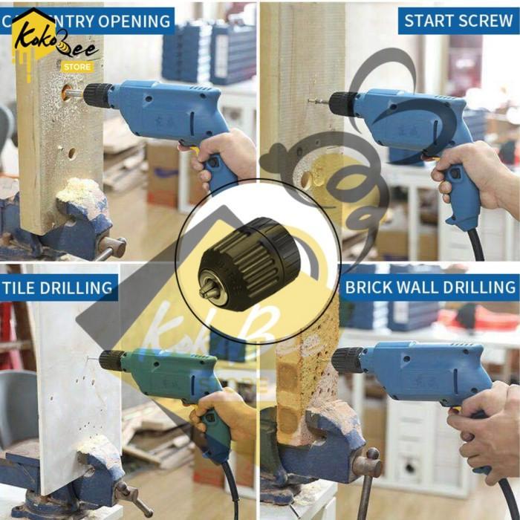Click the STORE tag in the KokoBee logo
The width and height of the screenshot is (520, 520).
[x=77, y=67]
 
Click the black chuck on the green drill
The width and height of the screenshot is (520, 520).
[x=112, y=360]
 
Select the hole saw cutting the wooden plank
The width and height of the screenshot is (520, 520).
[x=73, y=94]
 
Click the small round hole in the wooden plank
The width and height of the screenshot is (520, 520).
[x=72, y=153]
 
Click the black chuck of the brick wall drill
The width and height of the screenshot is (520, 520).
[x=347, y=360]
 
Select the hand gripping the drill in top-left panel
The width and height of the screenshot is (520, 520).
[x=223, y=152]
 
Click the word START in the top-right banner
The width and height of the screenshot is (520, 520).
[x=425, y=20]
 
